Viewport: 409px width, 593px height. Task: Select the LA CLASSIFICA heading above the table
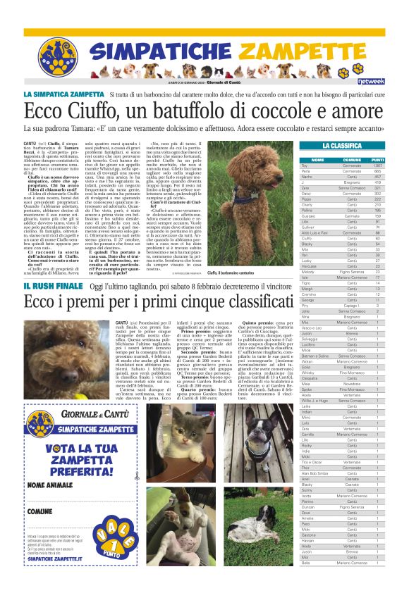pos(348,146)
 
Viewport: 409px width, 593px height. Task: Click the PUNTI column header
pos(377,159)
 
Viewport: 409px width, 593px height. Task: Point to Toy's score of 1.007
pos(378,165)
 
